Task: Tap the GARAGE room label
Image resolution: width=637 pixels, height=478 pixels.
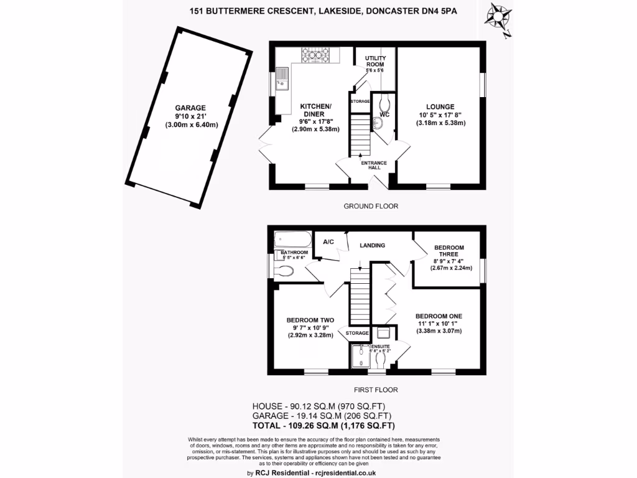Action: tap(190, 108)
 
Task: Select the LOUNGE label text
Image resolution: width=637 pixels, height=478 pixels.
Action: tap(440, 106)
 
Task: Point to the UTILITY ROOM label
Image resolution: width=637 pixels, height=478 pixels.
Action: tap(374, 61)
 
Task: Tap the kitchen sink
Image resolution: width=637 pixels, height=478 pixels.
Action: tap(282, 78)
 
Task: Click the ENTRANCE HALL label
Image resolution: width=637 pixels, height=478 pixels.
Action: tap(374, 166)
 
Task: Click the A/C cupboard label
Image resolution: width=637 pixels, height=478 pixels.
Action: tap(328, 242)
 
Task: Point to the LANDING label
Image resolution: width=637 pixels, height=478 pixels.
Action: tap(373, 245)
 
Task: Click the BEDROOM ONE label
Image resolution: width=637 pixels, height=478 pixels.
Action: tap(439, 316)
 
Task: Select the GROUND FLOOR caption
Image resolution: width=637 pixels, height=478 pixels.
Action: tap(371, 206)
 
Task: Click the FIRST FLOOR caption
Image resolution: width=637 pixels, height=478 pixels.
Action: tap(375, 390)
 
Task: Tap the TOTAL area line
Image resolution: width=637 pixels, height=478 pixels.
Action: tap(323, 426)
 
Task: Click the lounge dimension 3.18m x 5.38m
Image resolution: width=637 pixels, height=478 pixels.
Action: tap(440, 123)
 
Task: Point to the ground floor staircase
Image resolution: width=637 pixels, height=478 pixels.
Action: tap(359, 134)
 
